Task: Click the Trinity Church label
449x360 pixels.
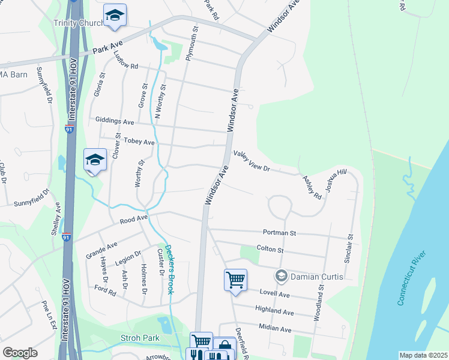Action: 78,23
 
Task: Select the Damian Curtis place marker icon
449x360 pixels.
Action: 280,276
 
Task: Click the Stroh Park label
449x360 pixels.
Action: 140,338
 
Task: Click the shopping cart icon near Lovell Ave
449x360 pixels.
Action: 235,279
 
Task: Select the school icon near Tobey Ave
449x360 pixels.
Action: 94,160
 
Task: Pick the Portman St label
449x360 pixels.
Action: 280,232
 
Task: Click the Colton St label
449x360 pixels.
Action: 270,248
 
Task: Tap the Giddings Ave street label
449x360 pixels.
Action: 115,121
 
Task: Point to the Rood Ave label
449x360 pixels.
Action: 133,220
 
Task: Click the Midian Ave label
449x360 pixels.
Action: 275,329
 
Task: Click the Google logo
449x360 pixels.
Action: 20,353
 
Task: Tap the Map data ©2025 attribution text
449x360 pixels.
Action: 423,355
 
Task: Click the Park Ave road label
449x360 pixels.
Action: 107,48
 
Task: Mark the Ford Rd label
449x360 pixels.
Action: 105,291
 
